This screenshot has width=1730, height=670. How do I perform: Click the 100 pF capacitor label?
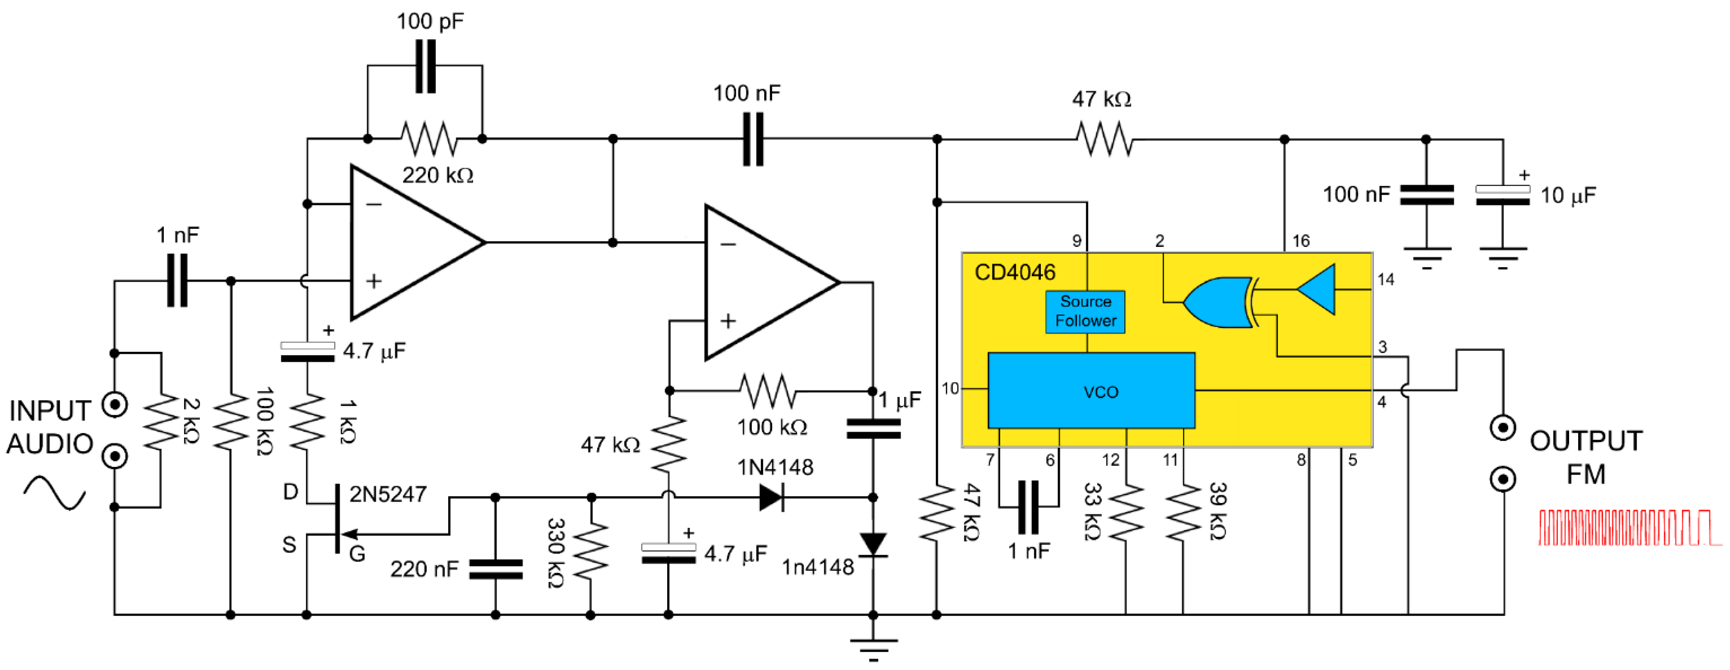[430, 22]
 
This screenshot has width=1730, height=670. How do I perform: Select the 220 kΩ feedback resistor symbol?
[428, 139]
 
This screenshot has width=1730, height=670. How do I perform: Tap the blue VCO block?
[1091, 391]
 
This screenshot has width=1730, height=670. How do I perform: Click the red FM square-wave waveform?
[1628, 528]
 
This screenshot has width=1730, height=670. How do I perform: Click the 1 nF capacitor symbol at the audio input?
[177, 281]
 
